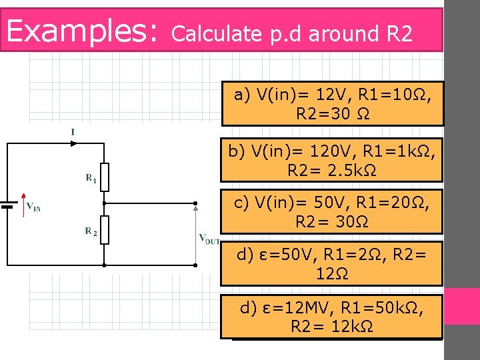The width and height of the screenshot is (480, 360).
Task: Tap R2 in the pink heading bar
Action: click(x=399, y=34)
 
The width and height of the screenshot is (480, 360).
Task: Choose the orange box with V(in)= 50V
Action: click(x=331, y=211)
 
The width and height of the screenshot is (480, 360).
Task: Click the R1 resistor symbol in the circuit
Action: click(x=105, y=177)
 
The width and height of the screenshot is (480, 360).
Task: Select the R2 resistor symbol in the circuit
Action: click(x=105, y=231)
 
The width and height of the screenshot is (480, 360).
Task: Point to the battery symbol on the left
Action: click(x=7, y=205)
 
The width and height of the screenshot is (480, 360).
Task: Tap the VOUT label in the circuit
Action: click(x=209, y=239)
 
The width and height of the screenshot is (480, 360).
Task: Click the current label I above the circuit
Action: click(x=73, y=133)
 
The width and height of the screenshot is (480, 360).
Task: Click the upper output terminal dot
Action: click(x=196, y=203)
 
